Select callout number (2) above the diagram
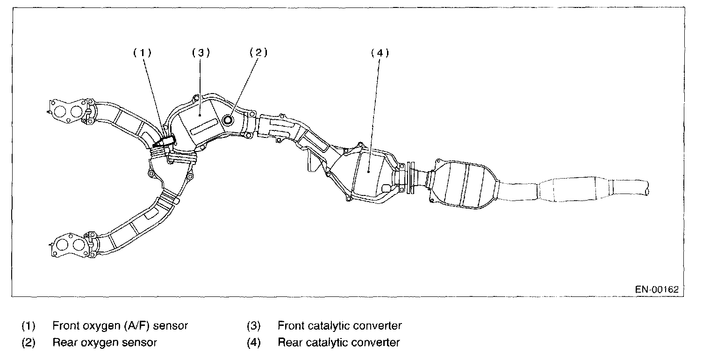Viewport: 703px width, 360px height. (258, 52)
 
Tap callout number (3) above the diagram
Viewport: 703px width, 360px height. (201, 53)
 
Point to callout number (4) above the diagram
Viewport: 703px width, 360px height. (380, 53)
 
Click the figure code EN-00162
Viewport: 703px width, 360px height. (656, 289)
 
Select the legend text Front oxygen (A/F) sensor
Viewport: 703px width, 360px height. (120, 325)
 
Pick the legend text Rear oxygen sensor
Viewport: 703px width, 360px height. (105, 342)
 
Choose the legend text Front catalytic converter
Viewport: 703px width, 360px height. (339, 325)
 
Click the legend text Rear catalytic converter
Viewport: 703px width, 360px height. (338, 342)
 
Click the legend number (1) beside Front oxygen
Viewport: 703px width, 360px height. (28, 325)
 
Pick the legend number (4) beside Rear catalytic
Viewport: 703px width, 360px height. (253, 342)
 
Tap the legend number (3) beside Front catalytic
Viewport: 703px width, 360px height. (253, 325)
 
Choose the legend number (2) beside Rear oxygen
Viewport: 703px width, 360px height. (28, 342)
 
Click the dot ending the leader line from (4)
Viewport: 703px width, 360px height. (369, 172)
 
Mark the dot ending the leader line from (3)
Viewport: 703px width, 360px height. (201, 114)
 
